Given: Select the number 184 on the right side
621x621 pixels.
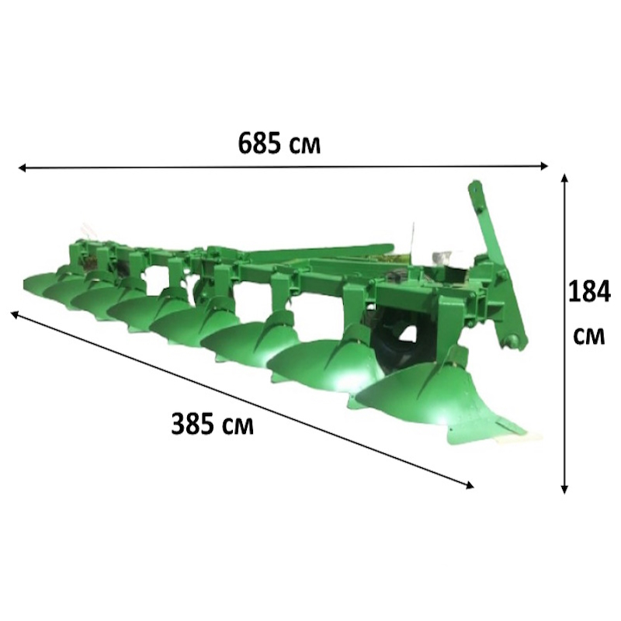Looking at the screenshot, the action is click(x=589, y=292).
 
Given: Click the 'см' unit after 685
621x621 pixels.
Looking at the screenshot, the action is click(x=304, y=146).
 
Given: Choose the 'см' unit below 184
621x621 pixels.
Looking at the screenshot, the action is click(x=589, y=336).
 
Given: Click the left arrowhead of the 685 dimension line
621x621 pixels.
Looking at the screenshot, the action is click(x=23, y=168).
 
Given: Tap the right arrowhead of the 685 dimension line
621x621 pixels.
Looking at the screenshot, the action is click(x=545, y=165).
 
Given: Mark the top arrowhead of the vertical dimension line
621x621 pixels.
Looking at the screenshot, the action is click(x=565, y=177).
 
